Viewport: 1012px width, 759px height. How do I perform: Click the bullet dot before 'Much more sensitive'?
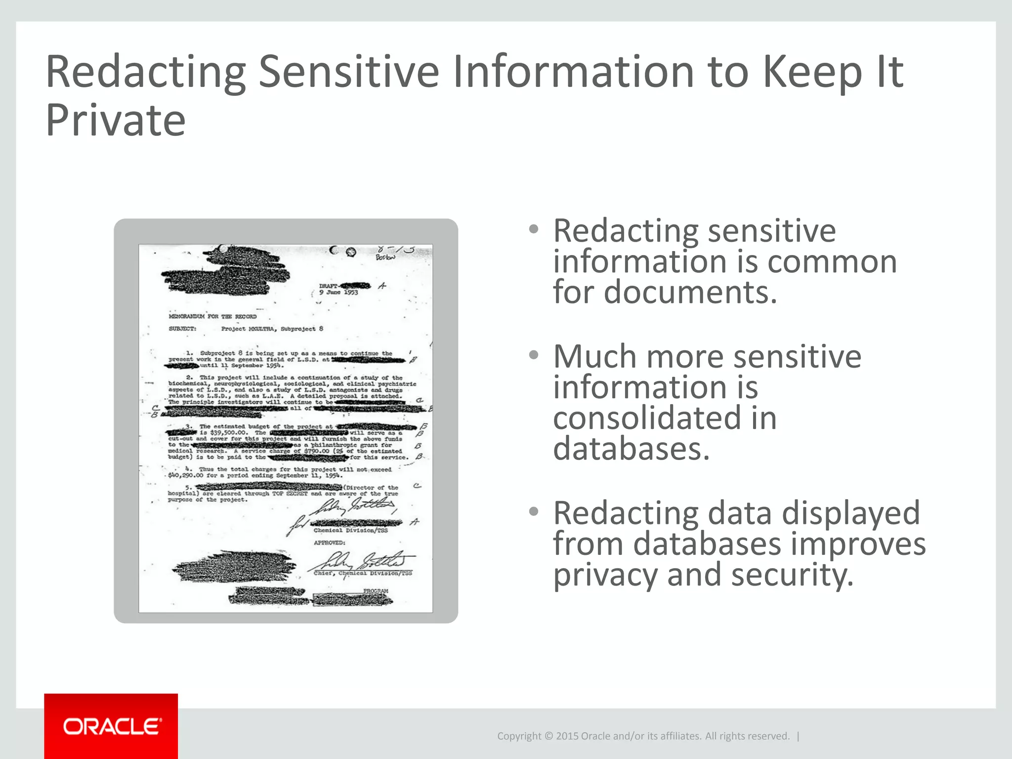pos(533,355)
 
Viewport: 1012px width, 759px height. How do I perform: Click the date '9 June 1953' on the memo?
pos(338,293)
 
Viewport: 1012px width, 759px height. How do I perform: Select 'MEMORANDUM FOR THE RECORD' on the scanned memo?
pos(212,316)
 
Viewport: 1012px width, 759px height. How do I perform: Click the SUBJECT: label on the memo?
pos(182,329)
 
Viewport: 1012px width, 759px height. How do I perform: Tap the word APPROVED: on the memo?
pos(330,543)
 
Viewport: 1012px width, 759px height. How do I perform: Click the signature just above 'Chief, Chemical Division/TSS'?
pos(363,561)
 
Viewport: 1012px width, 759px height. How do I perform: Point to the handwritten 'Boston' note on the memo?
pos(385,257)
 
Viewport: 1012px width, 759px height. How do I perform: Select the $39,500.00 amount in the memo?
pos(228,432)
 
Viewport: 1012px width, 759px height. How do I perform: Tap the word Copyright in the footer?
pos(519,736)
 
